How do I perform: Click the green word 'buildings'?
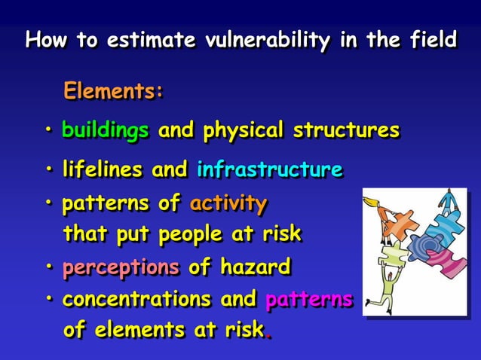(105, 130)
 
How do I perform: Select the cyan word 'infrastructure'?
(269, 169)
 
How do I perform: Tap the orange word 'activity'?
(228, 203)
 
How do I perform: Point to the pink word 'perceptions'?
(121, 267)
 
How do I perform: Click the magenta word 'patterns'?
(309, 299)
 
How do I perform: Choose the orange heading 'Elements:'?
(114, 92)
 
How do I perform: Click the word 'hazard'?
(255, 267)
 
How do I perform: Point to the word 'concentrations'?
(136, 299)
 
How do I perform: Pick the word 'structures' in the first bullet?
(346, 130)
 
